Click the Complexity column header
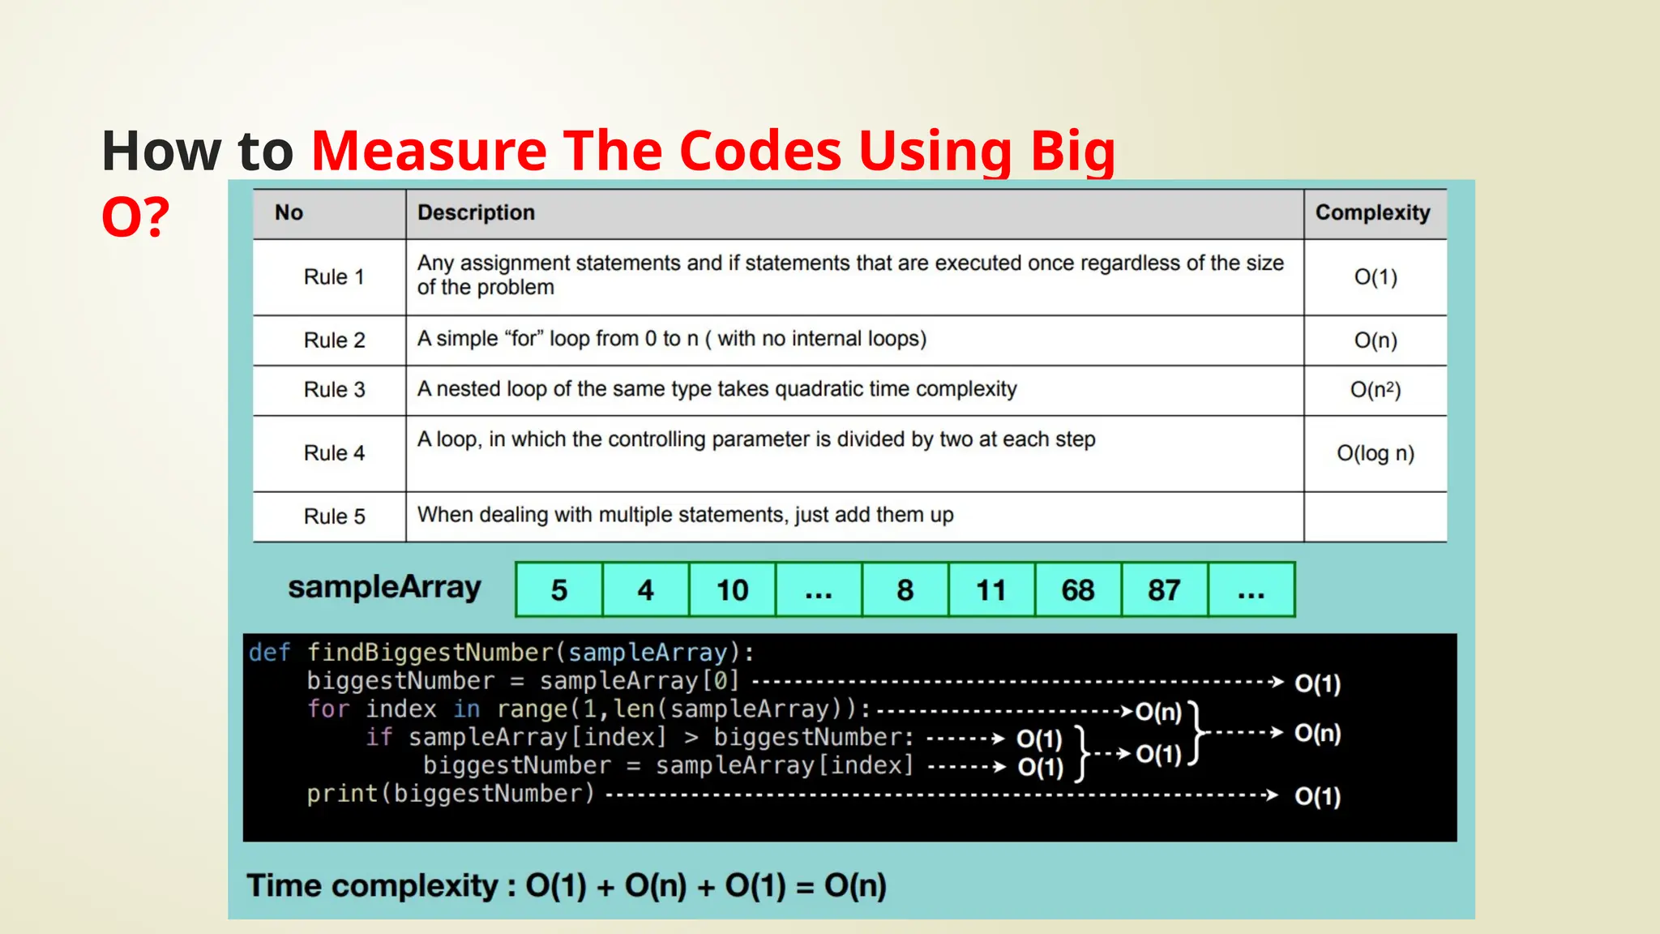coord(1372,212)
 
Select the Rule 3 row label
coord(334,390)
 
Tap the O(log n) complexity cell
coord(1375,453)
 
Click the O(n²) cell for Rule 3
coord(1375,390)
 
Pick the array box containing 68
coord(1077,590)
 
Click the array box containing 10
coord(732,590)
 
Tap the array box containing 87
coord(1164,590)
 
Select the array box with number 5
coord(558,590)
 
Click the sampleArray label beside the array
coord(384,587)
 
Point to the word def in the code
coord(269,653)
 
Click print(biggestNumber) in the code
coord(451,794)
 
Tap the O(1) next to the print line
coord(1317,796)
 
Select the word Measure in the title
coord(429,151)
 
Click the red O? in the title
coord(135,217)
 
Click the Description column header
coord(476,212)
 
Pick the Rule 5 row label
coord(334,516)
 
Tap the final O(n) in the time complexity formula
coord(855,885)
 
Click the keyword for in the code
coord(327,709)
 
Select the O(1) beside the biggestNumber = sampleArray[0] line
coord(1317,683)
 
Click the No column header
coord(289,212)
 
